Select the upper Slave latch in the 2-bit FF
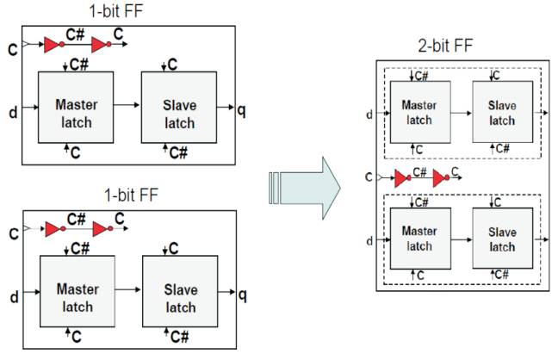(504, 112)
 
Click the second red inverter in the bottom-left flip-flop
(102, 230)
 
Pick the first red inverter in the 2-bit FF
(402, 179)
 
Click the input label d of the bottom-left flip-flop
(15, 297)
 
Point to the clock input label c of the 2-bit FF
(369, 178)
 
